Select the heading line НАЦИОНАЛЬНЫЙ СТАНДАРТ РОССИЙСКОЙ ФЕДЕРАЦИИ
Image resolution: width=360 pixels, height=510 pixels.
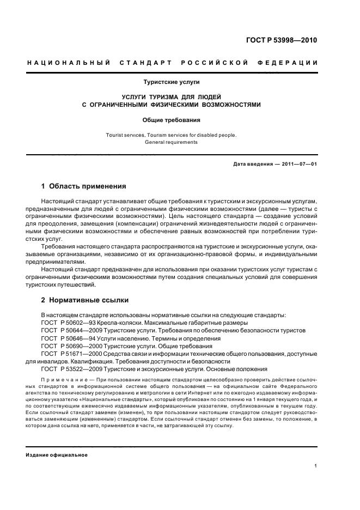tap(172, 63)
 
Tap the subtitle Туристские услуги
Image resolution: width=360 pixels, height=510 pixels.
tap(172, 82)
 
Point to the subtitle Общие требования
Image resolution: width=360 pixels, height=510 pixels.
tap(172, 119)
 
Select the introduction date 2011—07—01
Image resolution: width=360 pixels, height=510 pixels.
tap(298, 164)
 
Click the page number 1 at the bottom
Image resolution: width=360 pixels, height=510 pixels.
tap(316, 466)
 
